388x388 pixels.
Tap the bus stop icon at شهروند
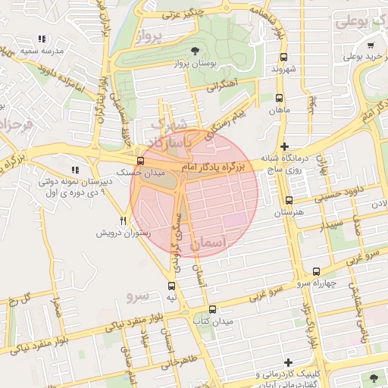[x=284, y=57]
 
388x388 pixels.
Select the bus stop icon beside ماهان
[x=279, y=99]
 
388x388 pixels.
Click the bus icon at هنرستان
[x=289, y=201]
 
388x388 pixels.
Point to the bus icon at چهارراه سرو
[x=316, y=271]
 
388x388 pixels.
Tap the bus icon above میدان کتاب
[x=212, y=309]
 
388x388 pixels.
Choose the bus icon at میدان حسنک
[x=140, y=161]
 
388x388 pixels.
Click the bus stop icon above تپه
[x=172, y=286]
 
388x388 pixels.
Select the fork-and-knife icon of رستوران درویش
[x=124, y=221]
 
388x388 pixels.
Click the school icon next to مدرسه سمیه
[x=42, y=38]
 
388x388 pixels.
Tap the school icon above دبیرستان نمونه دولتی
[x=74, y=170]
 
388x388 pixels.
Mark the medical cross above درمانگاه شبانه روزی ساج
[x=284, y=146]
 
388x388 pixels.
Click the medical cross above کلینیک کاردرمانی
[x=286, y=363]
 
